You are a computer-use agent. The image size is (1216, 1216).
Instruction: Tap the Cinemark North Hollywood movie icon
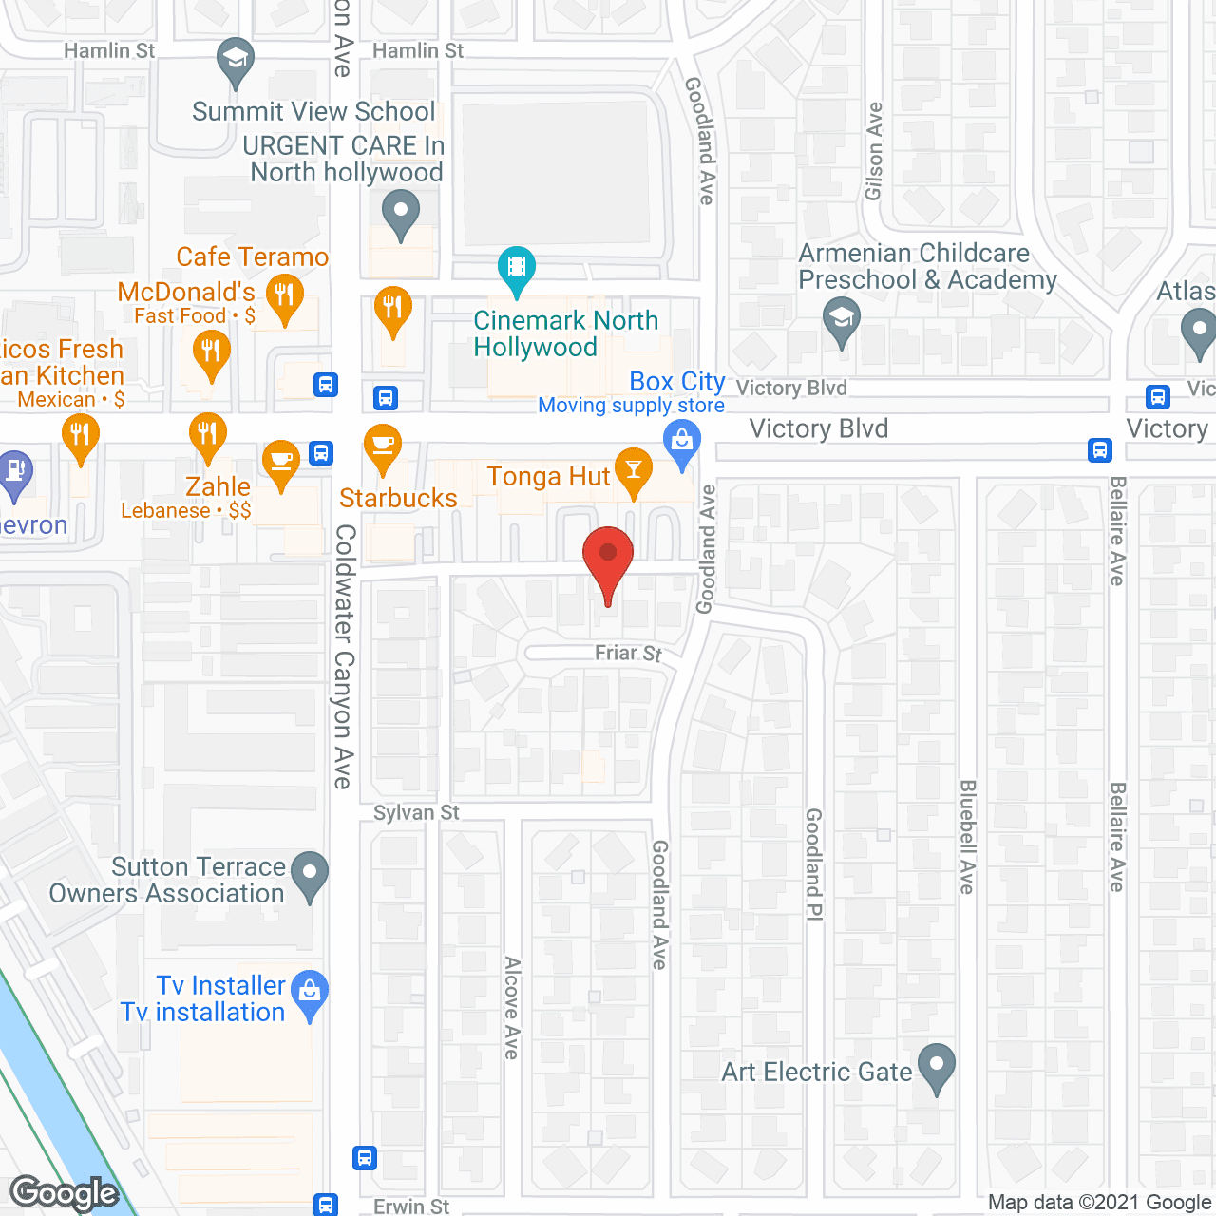click(516, 267)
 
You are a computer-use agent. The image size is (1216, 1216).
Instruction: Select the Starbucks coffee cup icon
click(382, 446)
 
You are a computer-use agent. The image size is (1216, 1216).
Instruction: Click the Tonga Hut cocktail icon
click(633, 469)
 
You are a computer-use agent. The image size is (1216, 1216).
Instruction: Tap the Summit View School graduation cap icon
click(235, 61)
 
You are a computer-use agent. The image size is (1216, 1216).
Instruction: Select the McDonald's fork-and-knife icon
click(284, 295)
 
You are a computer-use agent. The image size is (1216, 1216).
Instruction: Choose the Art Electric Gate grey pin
click(937, 1065)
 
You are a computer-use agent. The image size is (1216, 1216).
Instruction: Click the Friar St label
click(628, 653)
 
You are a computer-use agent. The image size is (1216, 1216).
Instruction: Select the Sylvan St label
click(416, 812)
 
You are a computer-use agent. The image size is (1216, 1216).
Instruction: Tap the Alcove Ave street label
click(512, 1007)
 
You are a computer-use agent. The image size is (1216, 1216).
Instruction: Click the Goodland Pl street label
click(814, 864)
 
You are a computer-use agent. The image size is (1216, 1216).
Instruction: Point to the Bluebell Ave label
click(967, 837)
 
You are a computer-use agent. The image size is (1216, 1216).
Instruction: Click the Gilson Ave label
click(874, 152)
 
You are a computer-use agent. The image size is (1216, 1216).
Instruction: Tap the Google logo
click(65, 1193)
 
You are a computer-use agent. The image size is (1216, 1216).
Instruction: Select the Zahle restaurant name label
click(218, 486)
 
